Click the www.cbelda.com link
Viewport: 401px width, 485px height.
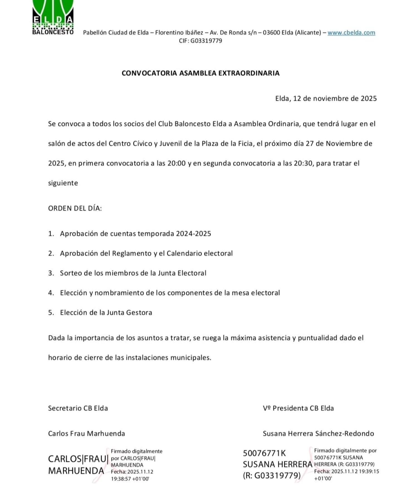pyautogui.click(x=351, y=33)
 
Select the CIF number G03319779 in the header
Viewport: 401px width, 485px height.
pyautogui.click(x=206, y=41)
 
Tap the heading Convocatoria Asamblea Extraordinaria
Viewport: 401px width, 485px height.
pyautogui.click(x=200, y=73)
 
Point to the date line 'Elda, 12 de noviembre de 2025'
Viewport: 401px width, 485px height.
pyautogui.click(x=326, y=98)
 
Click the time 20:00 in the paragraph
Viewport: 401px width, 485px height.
pyautogui.click(x=176, y=163)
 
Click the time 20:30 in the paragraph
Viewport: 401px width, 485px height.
pyautogui.click(x=303, y=163)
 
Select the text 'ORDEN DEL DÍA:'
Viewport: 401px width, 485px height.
pyautogui.click(x=75, y=208)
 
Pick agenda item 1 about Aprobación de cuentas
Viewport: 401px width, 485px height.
pyautogui.click(x=135, y=233)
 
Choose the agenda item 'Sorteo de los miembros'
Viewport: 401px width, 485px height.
pyautogui.click(x=133, y=273)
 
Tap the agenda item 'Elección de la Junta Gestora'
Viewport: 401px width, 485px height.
pyautogui.click(x=106, y=312)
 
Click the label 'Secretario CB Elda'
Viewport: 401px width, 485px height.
pyautogui.click(x=78, y=408)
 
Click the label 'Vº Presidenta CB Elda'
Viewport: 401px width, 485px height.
pyautogui.click(x=298, y=408)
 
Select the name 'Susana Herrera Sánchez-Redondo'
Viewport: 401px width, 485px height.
pyautogui.click(x=318, y=433)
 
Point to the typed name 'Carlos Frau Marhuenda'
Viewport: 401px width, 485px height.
pyautogui.click(x=87, y=433)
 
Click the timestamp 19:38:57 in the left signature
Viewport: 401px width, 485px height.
pyautogui.click(x=121, y=479)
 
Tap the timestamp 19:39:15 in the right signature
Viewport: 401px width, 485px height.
pyautogui.click(x=368, y=471)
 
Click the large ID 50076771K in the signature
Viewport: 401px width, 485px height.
pyautogui.click(x=264, y=453)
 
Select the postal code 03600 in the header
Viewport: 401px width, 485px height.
pyautogui.click(x=271, y=33)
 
